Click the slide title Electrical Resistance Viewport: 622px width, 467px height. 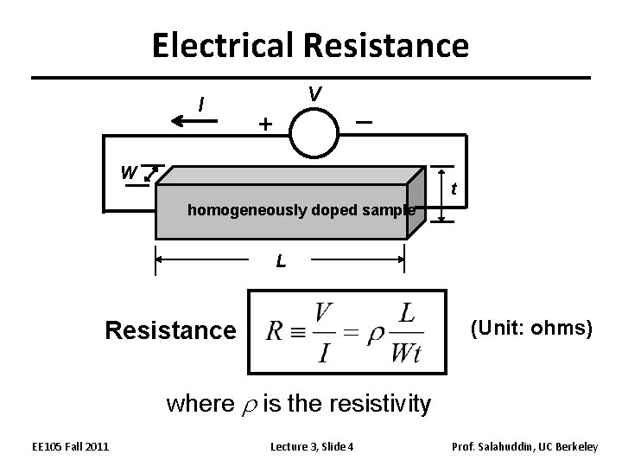coord(310,44)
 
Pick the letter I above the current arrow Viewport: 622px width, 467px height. coord(200,105)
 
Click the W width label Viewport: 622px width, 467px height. coord(128,172)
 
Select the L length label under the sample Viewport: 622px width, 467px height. coord(281,260)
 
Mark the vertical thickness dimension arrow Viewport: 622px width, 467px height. coord(441,195)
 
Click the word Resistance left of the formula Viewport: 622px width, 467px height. coord(169,330)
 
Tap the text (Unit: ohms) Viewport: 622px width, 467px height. coord(530,329)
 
